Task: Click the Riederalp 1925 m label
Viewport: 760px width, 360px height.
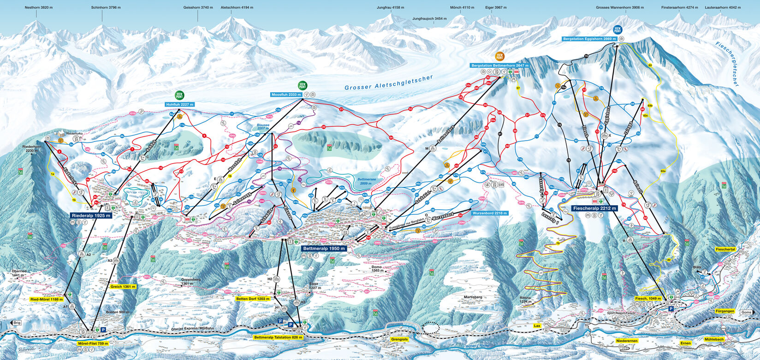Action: pyautogui.click(x=91, y=215)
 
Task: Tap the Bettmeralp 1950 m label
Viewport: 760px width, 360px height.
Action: pyautogui.click(x=323, y=248)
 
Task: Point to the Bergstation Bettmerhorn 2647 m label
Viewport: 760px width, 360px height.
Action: pyautogui.click(x=499, y=66)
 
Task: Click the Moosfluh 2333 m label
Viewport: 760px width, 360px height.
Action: pyautogui.click(x=286, y=94)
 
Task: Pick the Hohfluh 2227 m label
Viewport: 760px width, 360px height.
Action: pyautogui.click(x=179, y=105)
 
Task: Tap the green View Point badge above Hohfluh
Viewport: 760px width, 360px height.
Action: pyautogui.click(x=179, y=95)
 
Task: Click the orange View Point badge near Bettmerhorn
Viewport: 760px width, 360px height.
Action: pyautogui.click(x=499, y=56)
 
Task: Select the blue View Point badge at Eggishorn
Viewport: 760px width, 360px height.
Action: pyautogui.click(x=617, y=30)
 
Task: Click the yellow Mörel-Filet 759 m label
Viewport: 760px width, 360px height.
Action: pyautogui.click(x=93, y=343)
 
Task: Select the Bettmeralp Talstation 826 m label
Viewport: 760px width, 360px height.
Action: pyautogui.click(x=279, y=337)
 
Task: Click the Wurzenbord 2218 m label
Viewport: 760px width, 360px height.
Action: pyautogui.click(x=489, y=213)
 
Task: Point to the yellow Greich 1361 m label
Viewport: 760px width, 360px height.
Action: pyautogui.click(x=123, y=287)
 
